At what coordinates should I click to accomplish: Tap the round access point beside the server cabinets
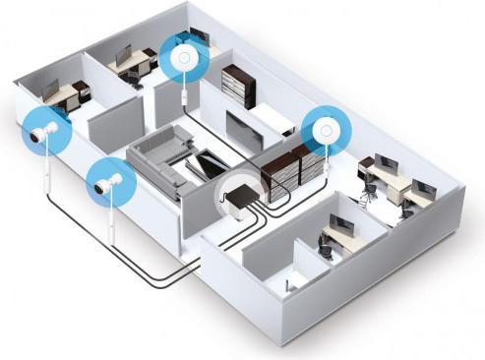click(324, 128)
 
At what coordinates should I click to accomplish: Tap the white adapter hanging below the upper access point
click(184, 94)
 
